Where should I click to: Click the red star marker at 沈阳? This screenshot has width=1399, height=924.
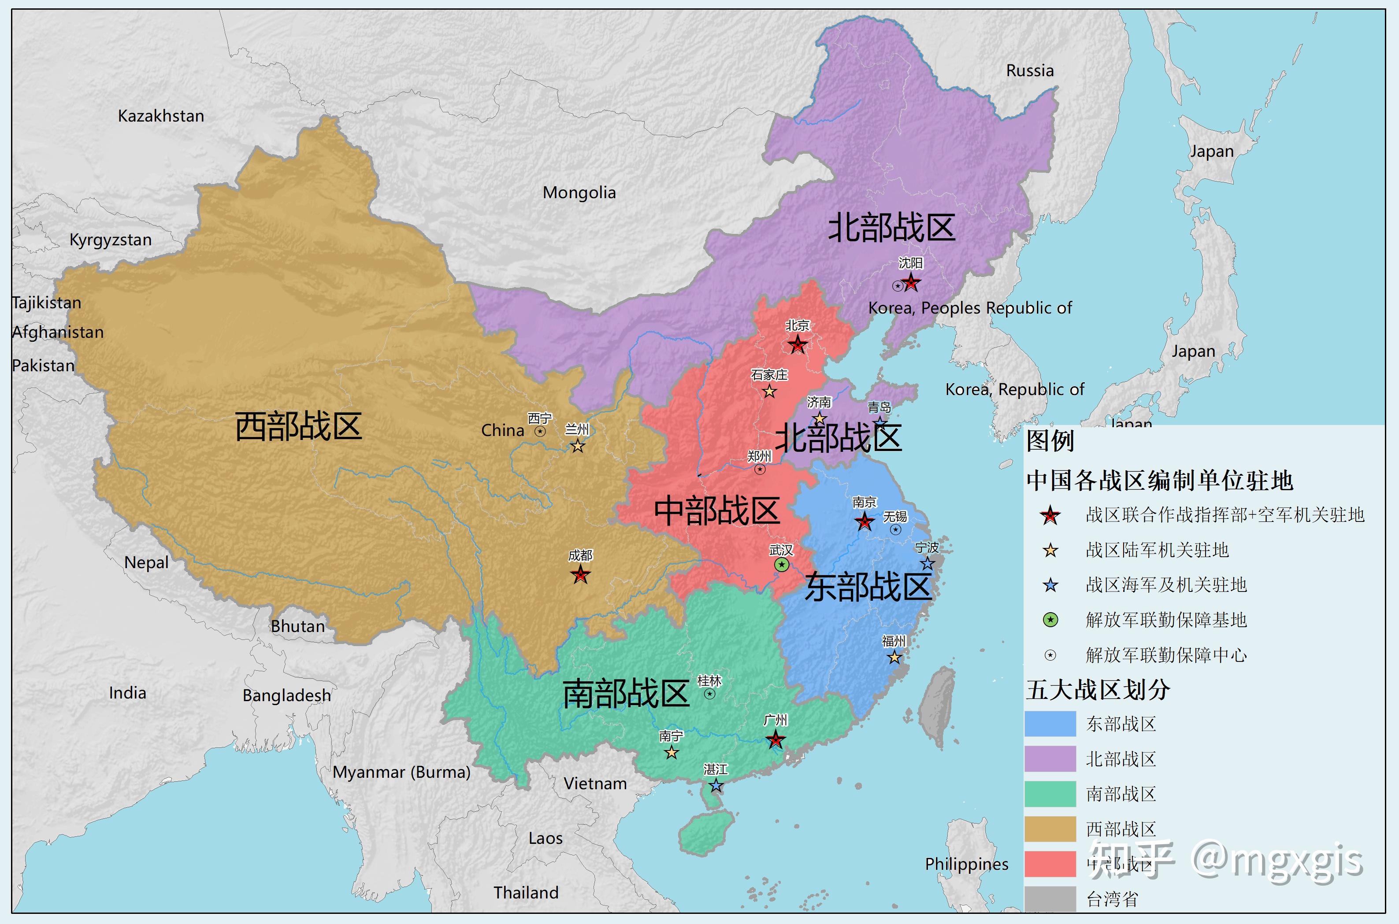point(911,283)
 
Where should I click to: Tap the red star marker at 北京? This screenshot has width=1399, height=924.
point(798,345)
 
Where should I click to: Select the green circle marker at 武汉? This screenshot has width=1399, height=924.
point(782,565)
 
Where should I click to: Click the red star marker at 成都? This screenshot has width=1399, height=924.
point(581,575)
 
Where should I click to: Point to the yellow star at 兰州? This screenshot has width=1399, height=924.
point(578,446)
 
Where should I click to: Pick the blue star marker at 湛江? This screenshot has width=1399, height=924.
point(716,786)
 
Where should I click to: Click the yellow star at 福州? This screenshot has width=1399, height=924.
point(894,657)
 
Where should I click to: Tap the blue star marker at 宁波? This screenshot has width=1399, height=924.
point(928,564)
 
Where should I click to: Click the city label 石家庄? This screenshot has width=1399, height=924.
point(769,375)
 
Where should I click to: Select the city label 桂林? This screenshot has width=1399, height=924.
point(709,680)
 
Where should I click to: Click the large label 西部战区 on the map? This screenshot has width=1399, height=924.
point(298,427)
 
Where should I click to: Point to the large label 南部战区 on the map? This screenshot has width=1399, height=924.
point(626,694)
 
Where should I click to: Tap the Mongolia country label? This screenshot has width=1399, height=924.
point(579,193)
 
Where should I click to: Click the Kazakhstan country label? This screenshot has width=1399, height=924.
point(161,116)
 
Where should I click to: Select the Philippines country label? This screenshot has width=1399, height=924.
point(966,864)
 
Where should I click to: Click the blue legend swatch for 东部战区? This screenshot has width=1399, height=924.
point(1050,724)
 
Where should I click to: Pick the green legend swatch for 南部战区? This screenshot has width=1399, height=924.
point(1050,794)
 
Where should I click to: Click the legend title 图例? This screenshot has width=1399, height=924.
point(1050,441)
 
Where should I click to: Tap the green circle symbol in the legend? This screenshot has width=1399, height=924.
point(1050,620)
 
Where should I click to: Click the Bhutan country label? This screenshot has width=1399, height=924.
point(298,626)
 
